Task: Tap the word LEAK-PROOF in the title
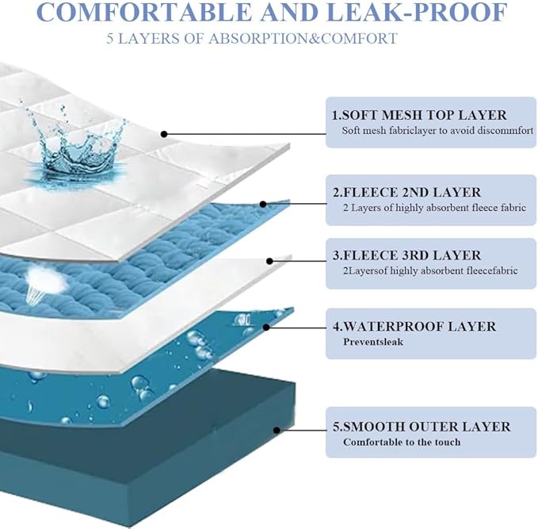pyautogui.click(x=416, y=12)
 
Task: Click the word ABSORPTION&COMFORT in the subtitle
pyautogui.click(x=303, y=39)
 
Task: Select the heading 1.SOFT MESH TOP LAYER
pyautogui.click(x=419, y=115)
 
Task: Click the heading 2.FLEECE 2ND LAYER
pyautogui.click(x=407, y=193)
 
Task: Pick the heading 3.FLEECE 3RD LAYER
pyautogui.click(x=407, y=255)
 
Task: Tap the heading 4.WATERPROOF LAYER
pyautogui.click(x=414, y=326)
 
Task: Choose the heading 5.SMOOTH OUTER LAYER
pyautogui.click(x=422, y=427)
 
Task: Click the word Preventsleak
pyautogui.click(x=373, y=342)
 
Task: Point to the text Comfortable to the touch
pyautogui.click(x=402, y=442)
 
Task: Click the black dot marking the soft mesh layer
pyautogui.click(x=164, y=134)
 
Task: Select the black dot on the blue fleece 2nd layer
pyautogui.click(x=263, y=205)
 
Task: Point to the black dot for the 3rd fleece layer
pyautogui.click(x=269, y=262)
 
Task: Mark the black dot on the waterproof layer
pyautogui.click(x=266, y=327)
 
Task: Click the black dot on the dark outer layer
pyautogui.click(x=277, y=430)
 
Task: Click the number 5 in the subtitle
pyautogui.click(x=109, y=39)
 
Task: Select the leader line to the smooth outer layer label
pyautogui.click(x=302, y=430)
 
